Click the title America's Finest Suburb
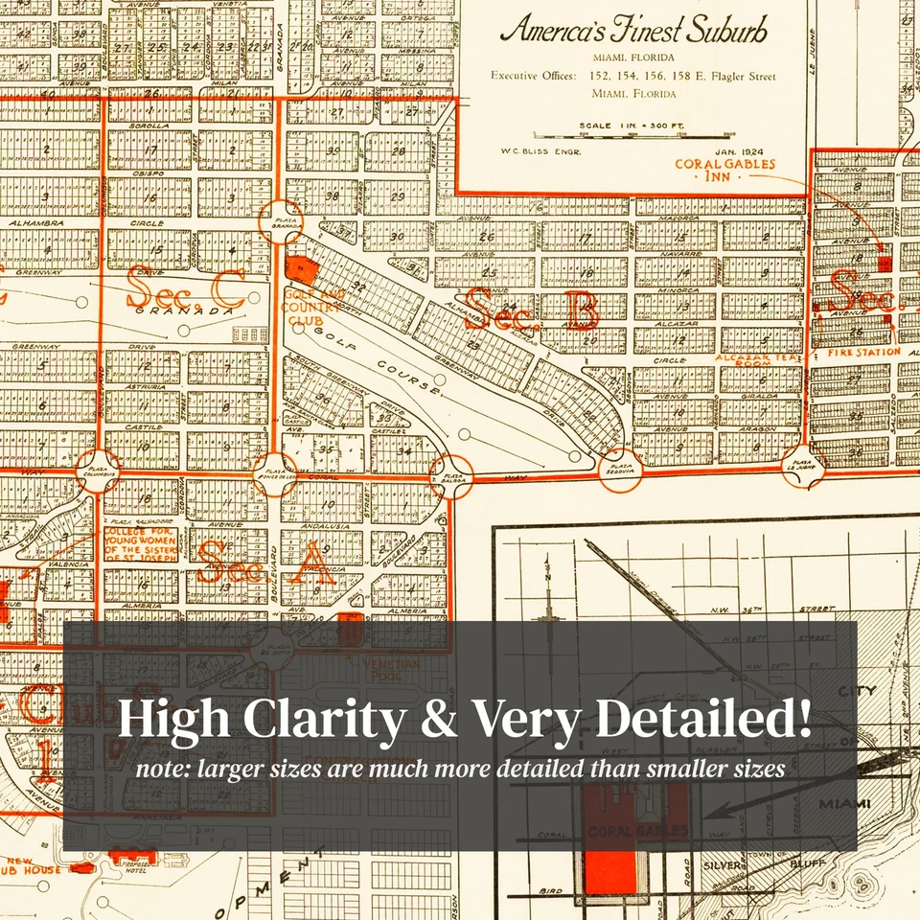pyautogui.click(x=634, y=30)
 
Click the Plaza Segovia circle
pyautogui.click(x=619, y=470)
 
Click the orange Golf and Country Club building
pyautogui.click(x=302, y=269)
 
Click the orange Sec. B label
pyautogui.click(x=533, y=310)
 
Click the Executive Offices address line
pyautogui.click(x=633, y=77)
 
